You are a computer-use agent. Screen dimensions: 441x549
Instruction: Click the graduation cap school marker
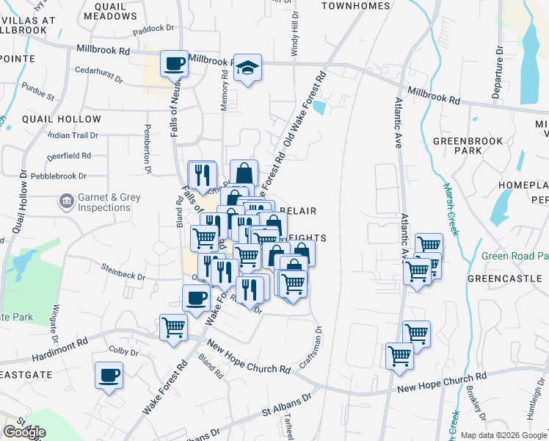(x=248, y=68)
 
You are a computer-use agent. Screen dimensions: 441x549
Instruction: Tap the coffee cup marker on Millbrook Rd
(x=174, y=63)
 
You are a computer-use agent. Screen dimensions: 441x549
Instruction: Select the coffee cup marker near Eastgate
(x=109, y=376)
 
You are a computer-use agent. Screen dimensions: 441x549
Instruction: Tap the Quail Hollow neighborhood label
(x=62, y=119)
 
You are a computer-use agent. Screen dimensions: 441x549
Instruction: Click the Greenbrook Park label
(x=468, y=146)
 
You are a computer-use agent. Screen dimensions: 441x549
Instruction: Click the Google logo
(x=24, y=432)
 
